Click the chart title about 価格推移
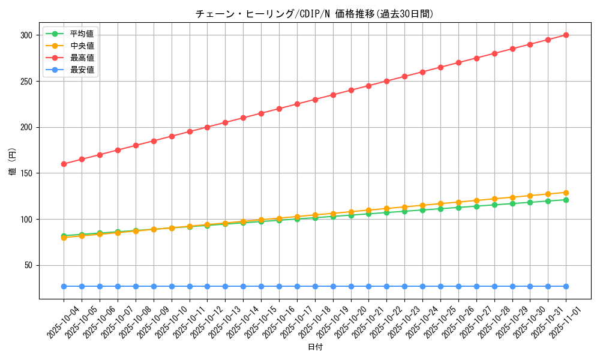tap(314, 14)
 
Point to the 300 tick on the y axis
tap(25, 35)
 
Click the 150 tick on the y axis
tap(25, 173)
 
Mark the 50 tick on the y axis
tap(27, 265)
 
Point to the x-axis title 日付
tap(315, 347)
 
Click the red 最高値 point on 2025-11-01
tap(566, 35)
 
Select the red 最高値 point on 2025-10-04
tap(64, 164)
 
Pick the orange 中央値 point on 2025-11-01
tap(566, 193)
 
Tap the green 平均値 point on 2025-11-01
tap(566, 200)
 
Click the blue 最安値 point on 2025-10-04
tap(64, 286)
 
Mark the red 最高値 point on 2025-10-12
tap(207, 127)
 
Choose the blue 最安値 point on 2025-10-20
tap(351, 286)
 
